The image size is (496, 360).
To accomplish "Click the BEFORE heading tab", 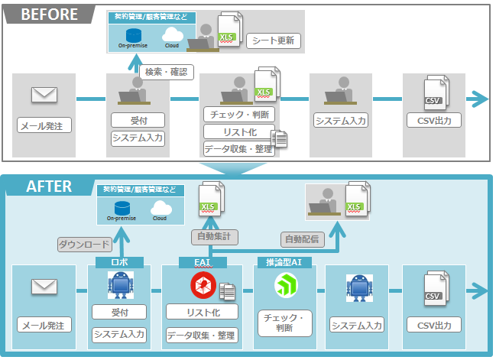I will [x=47, y=15].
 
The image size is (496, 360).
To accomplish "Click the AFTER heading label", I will [x=49, y=186].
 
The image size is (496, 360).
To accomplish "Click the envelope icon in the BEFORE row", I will [x=44, y=95].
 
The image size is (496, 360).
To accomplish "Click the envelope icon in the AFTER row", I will [x=44, y=287].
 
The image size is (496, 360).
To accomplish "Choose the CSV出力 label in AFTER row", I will [x=433, y=326].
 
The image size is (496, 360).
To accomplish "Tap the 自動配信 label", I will [x=301, y=238].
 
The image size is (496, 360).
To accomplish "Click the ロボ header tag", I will [x=120, y=262].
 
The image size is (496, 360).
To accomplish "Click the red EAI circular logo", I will [x=203, y=285].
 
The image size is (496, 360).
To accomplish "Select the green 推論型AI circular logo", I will [x=286, y=286].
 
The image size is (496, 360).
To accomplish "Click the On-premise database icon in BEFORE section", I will [x=134, y=34].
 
